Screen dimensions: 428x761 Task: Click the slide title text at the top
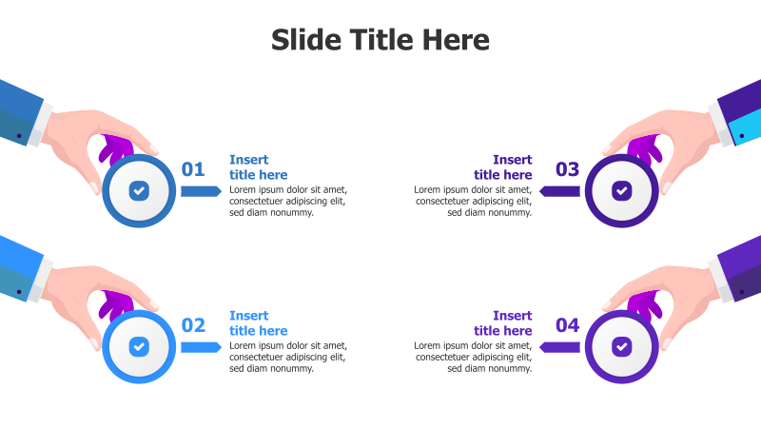tap(380, 40)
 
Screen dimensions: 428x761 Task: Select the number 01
tap(193, 170)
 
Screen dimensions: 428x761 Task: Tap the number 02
tap(193, 325)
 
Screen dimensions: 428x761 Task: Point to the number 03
tap(567, 170)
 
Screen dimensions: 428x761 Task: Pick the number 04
tap(567, 325)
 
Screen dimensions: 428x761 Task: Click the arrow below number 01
tap(201, 191)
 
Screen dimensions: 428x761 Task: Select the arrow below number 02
tap(201, 347)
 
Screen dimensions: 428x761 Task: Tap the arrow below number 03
tap(559, 191)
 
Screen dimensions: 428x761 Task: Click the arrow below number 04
tap(559, 347)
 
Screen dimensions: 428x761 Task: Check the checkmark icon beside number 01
tap(139, 191)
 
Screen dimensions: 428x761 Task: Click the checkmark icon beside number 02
tap(139, 346)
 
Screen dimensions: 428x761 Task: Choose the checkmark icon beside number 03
tap(621, 191)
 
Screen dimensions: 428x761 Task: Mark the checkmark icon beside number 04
tap(621, 346)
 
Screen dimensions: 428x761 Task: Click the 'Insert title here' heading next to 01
tap(258, 167)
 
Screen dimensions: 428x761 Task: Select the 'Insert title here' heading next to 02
tap(258, 323)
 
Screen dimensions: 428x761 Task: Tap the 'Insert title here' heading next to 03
tap(503, 167)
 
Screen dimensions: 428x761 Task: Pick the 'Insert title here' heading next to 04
tap(503, 323)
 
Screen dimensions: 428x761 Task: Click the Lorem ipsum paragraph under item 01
tap(287, 201)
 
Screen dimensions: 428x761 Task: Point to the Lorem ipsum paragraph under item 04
tap(474, 357)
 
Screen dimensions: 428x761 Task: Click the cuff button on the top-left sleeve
tap(19, 136)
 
